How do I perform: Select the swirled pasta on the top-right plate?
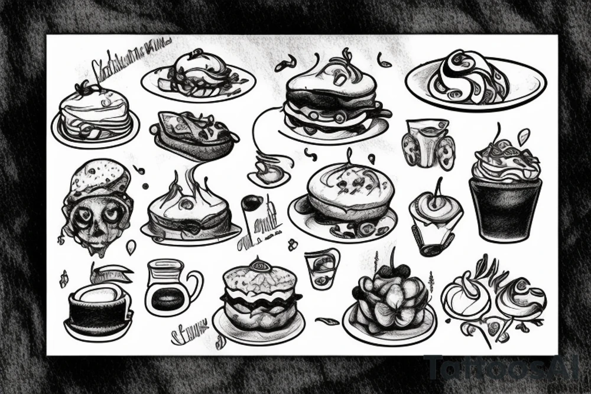pyautogui.click(x=467, y=77)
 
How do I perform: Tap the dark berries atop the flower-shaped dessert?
pyautogui.click(x=394, y=271)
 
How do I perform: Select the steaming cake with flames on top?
pyautogui.click(x=189, y=213)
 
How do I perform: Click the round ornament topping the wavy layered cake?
pyautogui.click(x=259, y=265)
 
